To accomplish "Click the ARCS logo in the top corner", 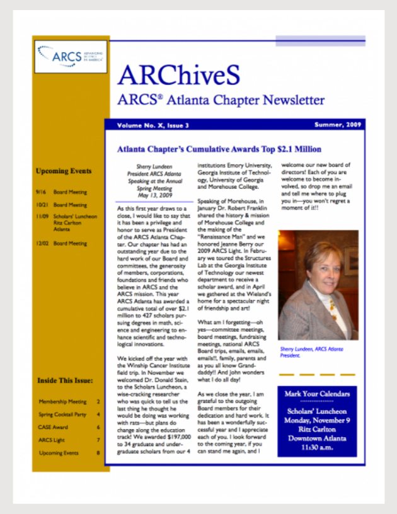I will click(x=70, y=56).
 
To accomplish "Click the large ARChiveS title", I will click(x=178, y=76).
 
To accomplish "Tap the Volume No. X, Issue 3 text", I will click(x=152, y=125).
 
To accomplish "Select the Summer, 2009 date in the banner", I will click(x=338, y=125).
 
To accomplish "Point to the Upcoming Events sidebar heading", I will click(x=64, y=171).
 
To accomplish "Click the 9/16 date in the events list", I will click(x=41, y=192).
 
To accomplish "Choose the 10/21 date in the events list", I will click(x=42, y=205).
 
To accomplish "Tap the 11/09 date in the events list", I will click(x=42, y=217).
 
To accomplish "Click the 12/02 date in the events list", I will click(x=42, y=243).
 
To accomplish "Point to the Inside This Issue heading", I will click(x=65, y=380).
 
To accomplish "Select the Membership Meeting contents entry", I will click(x=62, y=401).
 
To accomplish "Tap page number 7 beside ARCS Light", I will click(x=98, y=440).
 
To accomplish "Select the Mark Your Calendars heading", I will click(x=317, y=394).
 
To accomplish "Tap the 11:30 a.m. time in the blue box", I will click(x=317, y=446).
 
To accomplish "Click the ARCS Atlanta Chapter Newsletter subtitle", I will click(x=221, y=100).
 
